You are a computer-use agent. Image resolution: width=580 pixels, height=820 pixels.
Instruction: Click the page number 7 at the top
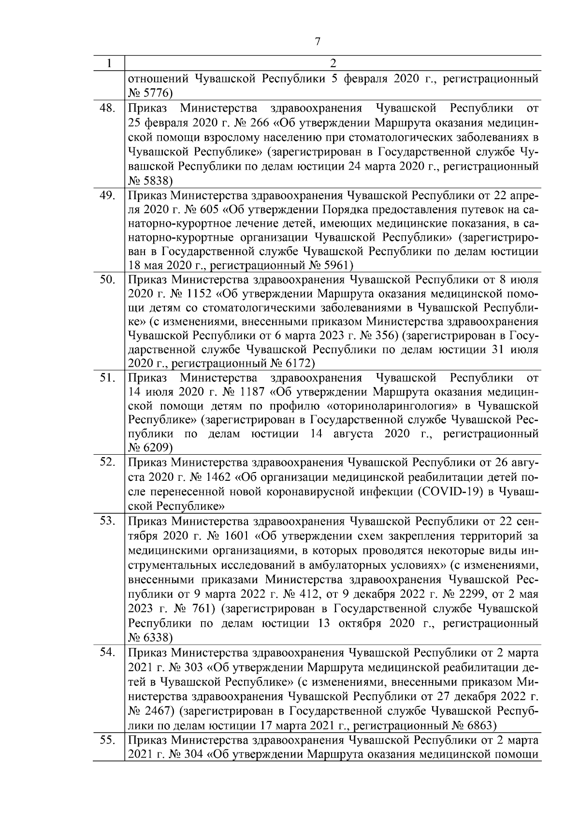(317, 42)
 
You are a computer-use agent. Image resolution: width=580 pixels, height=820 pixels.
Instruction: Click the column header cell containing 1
(109, 63)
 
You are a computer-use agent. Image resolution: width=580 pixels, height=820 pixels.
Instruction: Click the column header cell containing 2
(333, 63)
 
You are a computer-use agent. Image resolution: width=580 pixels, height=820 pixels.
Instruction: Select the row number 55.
(107, 740)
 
